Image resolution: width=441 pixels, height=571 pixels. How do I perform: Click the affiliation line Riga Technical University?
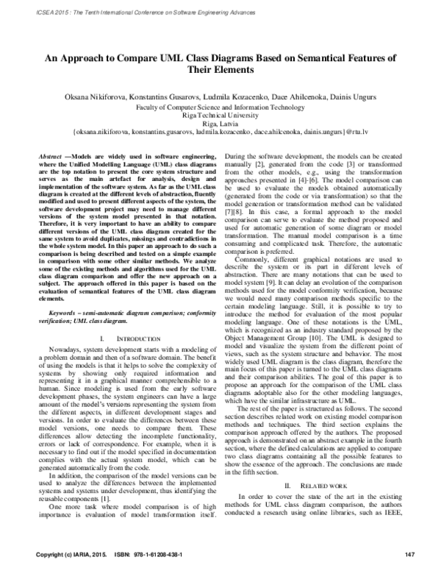[220, 116]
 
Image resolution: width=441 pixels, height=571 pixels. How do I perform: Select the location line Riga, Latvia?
[220, 125]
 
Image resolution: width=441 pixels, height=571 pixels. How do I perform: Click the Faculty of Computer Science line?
[220, 107]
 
